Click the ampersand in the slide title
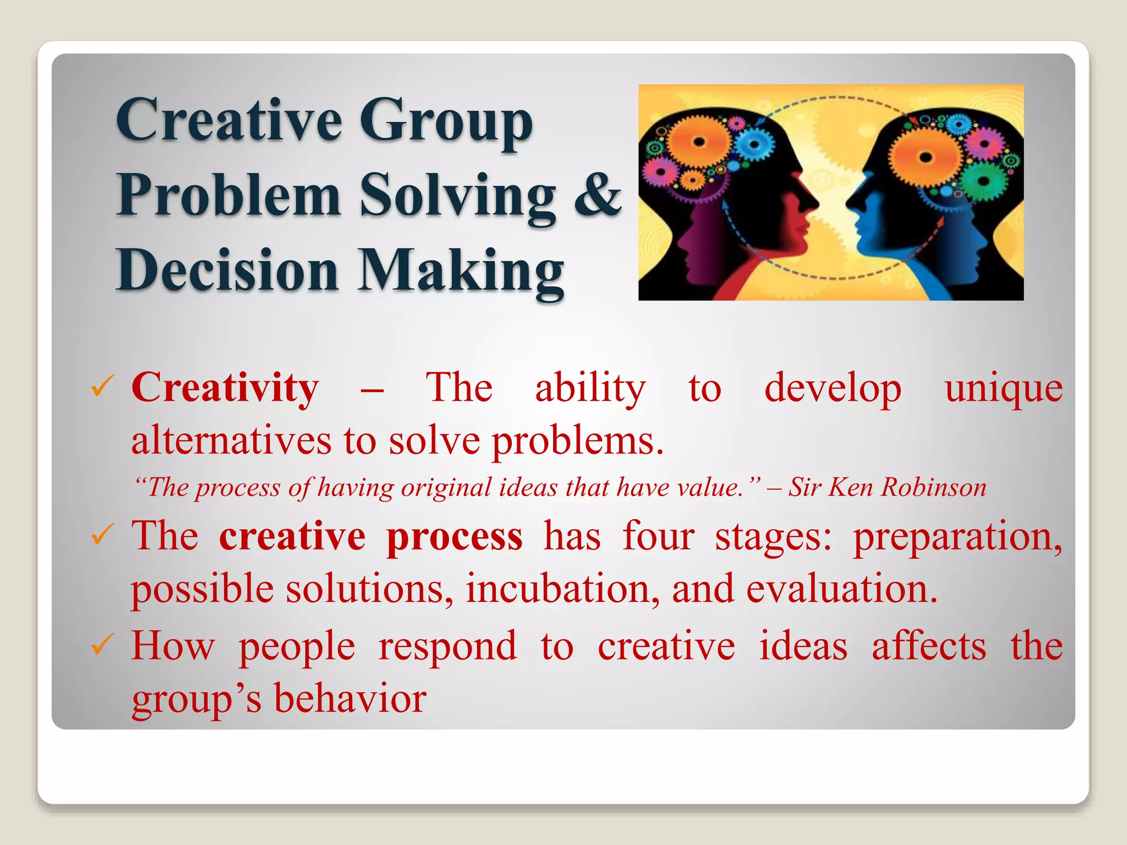[598, 195]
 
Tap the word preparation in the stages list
[958, 537]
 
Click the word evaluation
[841, 589]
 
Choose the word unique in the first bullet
[1004, 388]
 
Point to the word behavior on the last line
[350, 699]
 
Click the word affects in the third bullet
[929, 646]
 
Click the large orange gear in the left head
[698, 142]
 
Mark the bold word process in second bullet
[455, 537]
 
